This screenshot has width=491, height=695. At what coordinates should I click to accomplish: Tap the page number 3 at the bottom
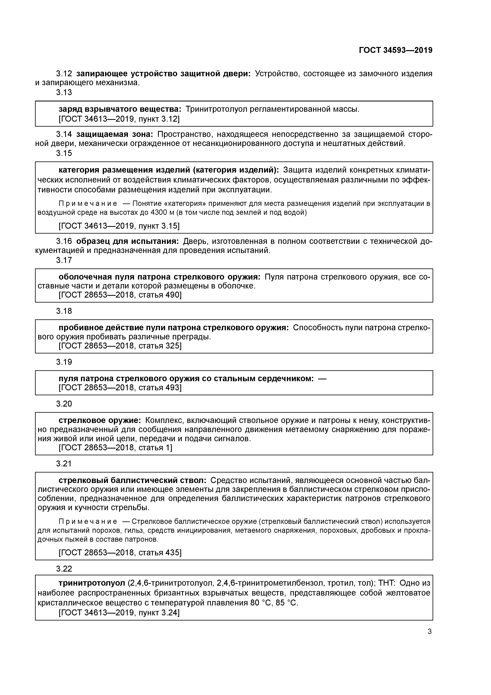tap(430, 631)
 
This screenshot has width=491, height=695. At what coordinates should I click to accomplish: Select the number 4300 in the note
tap(159, 213)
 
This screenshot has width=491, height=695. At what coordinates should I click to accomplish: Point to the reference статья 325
tap(160, 346)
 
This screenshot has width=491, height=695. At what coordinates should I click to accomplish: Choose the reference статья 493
tap(160, 388)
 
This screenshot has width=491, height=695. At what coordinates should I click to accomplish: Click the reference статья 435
tap(160, 553)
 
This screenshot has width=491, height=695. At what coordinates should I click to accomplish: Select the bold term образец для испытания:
tap(127, 241)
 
